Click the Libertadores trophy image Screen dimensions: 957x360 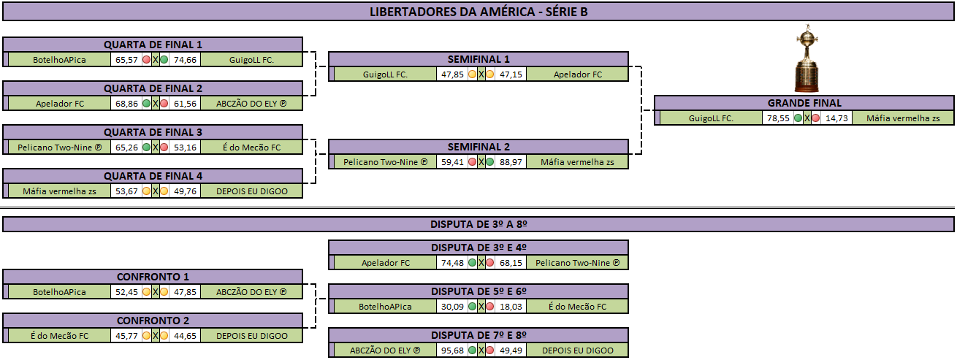(807, 58)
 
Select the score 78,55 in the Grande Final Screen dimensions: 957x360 (778, 118)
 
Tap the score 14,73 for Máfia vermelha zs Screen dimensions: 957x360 (836, 118)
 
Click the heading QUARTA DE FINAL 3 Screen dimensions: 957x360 (153, 132)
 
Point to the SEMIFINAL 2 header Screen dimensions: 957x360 (478, 147)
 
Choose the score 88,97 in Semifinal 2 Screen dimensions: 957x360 (511, 162)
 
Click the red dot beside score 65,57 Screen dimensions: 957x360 (147, 60)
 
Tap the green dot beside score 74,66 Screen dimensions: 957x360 (164, 60)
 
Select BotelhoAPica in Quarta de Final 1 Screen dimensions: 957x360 (59, 60)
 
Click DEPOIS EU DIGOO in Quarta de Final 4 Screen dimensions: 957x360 (252, 191)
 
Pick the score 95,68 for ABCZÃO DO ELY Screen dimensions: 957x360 (452, 351)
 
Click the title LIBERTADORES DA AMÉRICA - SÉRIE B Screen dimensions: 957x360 (478, 12)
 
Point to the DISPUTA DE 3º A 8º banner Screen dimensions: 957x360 (478, 224)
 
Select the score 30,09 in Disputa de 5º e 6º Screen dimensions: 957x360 (452, 307)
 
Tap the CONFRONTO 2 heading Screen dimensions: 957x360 (153, 321)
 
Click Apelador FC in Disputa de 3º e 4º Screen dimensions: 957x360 (386, 263)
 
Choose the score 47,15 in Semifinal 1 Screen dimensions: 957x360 (511, 74)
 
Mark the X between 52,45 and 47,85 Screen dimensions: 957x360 (156, 292)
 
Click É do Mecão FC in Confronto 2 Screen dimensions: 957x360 (59, 336)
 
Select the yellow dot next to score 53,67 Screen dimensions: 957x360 (147, 191)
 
